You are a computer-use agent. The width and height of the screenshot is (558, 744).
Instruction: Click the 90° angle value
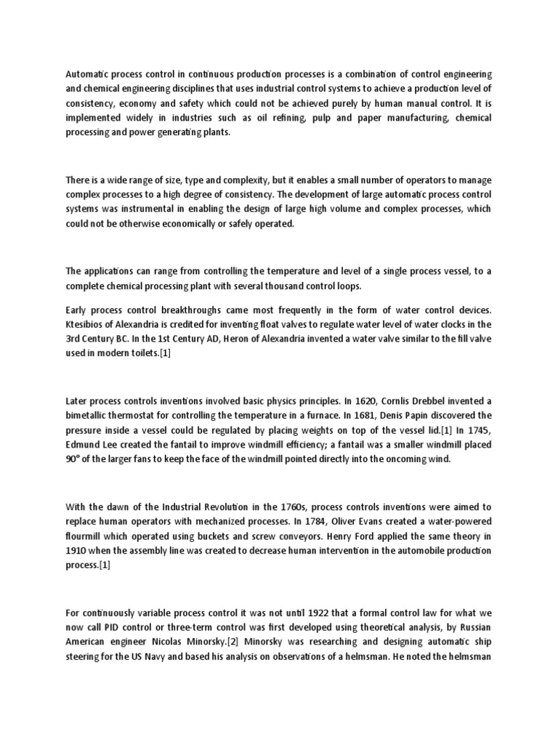(74, 460)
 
